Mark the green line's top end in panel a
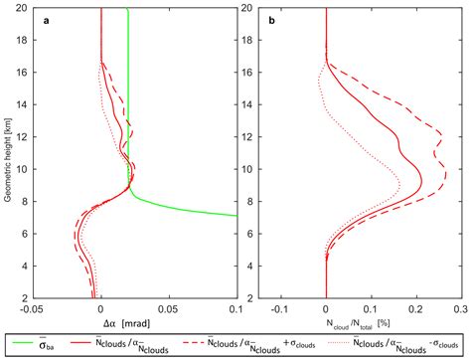[128, 9]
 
